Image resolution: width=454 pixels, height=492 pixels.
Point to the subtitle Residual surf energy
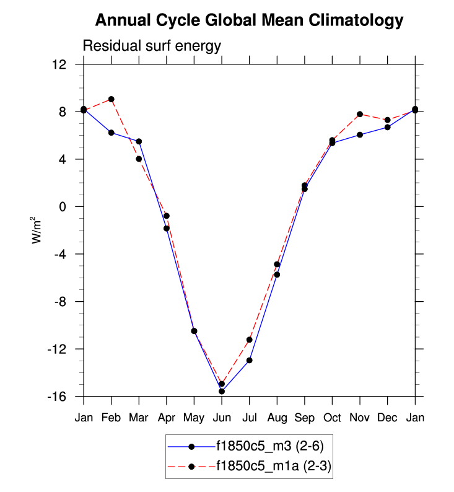tap(152, 46)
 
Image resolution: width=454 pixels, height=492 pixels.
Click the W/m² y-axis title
tap(38, 230)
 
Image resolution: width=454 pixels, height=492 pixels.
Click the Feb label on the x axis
tap(111, 418)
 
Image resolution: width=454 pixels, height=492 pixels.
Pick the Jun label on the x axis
tap(222, 418)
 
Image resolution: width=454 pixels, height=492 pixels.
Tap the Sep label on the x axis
tap(305, 418)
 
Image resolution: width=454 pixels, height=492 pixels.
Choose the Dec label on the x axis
tap(387, 418)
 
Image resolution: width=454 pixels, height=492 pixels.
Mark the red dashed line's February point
tap(111, 99)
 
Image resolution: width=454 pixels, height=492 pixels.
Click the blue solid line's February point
tap(111, 133)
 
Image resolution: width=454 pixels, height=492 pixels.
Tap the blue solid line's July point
tap(250, 360)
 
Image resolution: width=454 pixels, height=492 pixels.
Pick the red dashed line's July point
tap(250, 340)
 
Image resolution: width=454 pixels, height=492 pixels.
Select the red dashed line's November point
tap(360, 114)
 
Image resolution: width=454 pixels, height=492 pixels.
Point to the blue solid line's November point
tap(360, 134)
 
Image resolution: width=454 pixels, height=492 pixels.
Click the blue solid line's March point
tap(139, 141)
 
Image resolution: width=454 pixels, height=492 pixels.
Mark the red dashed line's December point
tap(387, 120)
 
